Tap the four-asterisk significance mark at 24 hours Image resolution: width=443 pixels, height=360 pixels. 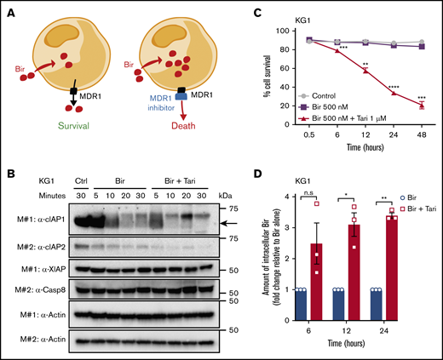[394, 85]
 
